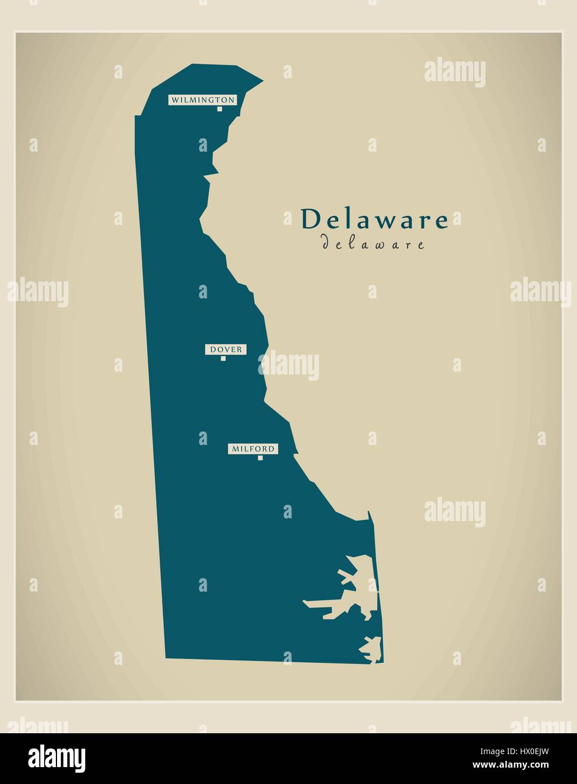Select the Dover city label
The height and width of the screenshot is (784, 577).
click(226, 350)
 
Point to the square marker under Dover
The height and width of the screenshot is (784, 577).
click(223, 359)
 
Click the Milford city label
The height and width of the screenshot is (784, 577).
click(253, 449)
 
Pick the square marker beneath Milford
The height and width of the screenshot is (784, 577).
click(260, 458)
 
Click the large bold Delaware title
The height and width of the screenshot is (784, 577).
click(374, 219)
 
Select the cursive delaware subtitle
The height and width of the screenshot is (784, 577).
click(373, 244)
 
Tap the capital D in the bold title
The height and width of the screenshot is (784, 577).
click(309, 219)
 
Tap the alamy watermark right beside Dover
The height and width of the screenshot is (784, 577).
click(289, 365)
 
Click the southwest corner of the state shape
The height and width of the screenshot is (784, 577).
click(165, 658)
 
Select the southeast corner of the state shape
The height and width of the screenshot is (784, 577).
click(383, 663)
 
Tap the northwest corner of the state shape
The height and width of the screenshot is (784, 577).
click(135, 116)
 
